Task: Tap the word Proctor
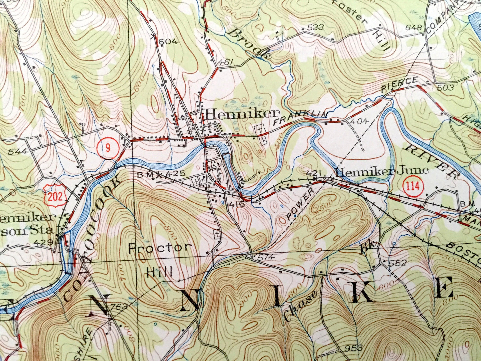coord(160,248)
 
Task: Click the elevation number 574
coord(265,257)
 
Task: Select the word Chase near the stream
coord(299,306)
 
